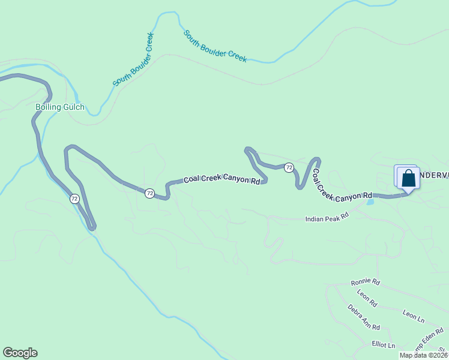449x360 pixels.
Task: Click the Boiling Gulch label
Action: pyautogui.click(x=59, y=108)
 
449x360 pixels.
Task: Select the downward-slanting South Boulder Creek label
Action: pyautogui.click(x=215, y=46)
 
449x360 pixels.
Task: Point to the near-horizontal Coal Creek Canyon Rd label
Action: pyautogui.click(x=221, y=178)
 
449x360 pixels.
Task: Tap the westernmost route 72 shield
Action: pyautogui.click(x=74, y=198)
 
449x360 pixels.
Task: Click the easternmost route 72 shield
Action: pyautogui.click(x=289, y=167)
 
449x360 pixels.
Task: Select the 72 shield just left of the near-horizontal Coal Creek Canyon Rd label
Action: pyautogui.click(x=149, y=193)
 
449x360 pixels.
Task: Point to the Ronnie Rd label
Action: pyautogui.click(x=366, y=281)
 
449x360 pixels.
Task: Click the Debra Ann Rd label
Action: pyautogui.click(x=364, y=317)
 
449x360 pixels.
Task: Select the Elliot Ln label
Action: pyautogui.click(x=384, y=345)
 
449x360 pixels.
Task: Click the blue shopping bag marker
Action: pyautogui.click(x=408, y=178)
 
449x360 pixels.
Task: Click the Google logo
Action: pyautogui.click(x=20, y=353)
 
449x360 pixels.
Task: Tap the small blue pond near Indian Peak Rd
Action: pyautogui.click(x=369, y=202)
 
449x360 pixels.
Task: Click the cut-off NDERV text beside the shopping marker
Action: pyautogui.click(x=433, y=175)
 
